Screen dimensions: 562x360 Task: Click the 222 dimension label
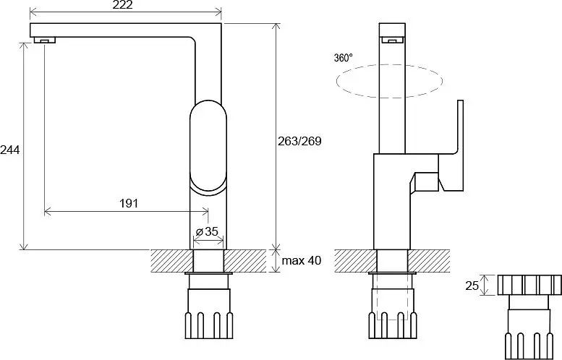122,4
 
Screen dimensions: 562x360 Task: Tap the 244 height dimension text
9,150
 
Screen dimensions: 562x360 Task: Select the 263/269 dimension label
300,141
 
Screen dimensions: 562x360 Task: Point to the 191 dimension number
129,203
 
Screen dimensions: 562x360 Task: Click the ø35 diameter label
207,232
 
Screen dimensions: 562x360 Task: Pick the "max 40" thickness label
302,260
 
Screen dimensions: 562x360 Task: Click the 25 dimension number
472,286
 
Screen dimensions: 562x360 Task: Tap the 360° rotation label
344,57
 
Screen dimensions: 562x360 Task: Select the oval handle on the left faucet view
208,147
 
